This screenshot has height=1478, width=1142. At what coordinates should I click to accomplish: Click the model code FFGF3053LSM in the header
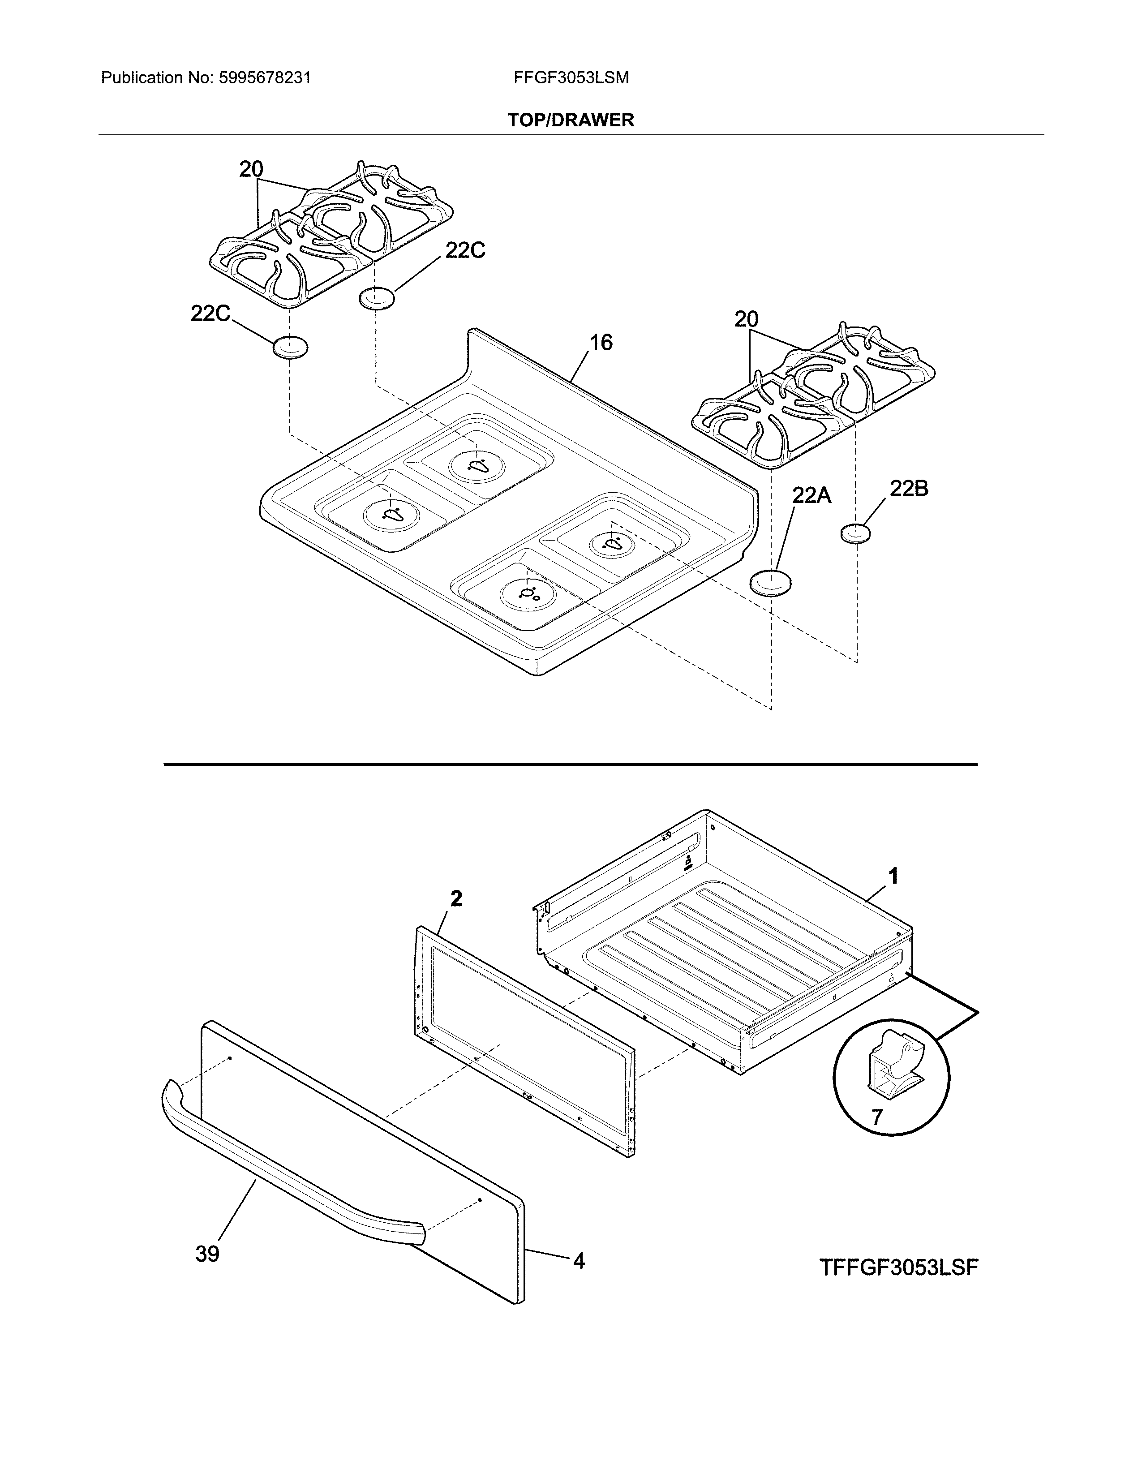[571, 78]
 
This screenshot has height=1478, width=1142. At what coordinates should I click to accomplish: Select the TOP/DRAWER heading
[571, 120]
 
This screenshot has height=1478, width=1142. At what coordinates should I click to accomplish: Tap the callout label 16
[600, 343]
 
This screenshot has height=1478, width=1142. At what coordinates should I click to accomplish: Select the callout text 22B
[909, 489]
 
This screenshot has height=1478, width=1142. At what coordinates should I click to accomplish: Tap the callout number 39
[208, 1254]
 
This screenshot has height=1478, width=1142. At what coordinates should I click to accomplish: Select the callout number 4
[579, 1261]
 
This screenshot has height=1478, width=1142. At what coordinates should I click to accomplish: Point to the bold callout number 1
[893, 877]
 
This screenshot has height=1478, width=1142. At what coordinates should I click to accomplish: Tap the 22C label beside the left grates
[210, 314]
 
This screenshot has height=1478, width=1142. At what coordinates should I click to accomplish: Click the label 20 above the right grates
[746, 319]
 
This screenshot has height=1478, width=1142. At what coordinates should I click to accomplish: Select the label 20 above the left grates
[251, 169]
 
